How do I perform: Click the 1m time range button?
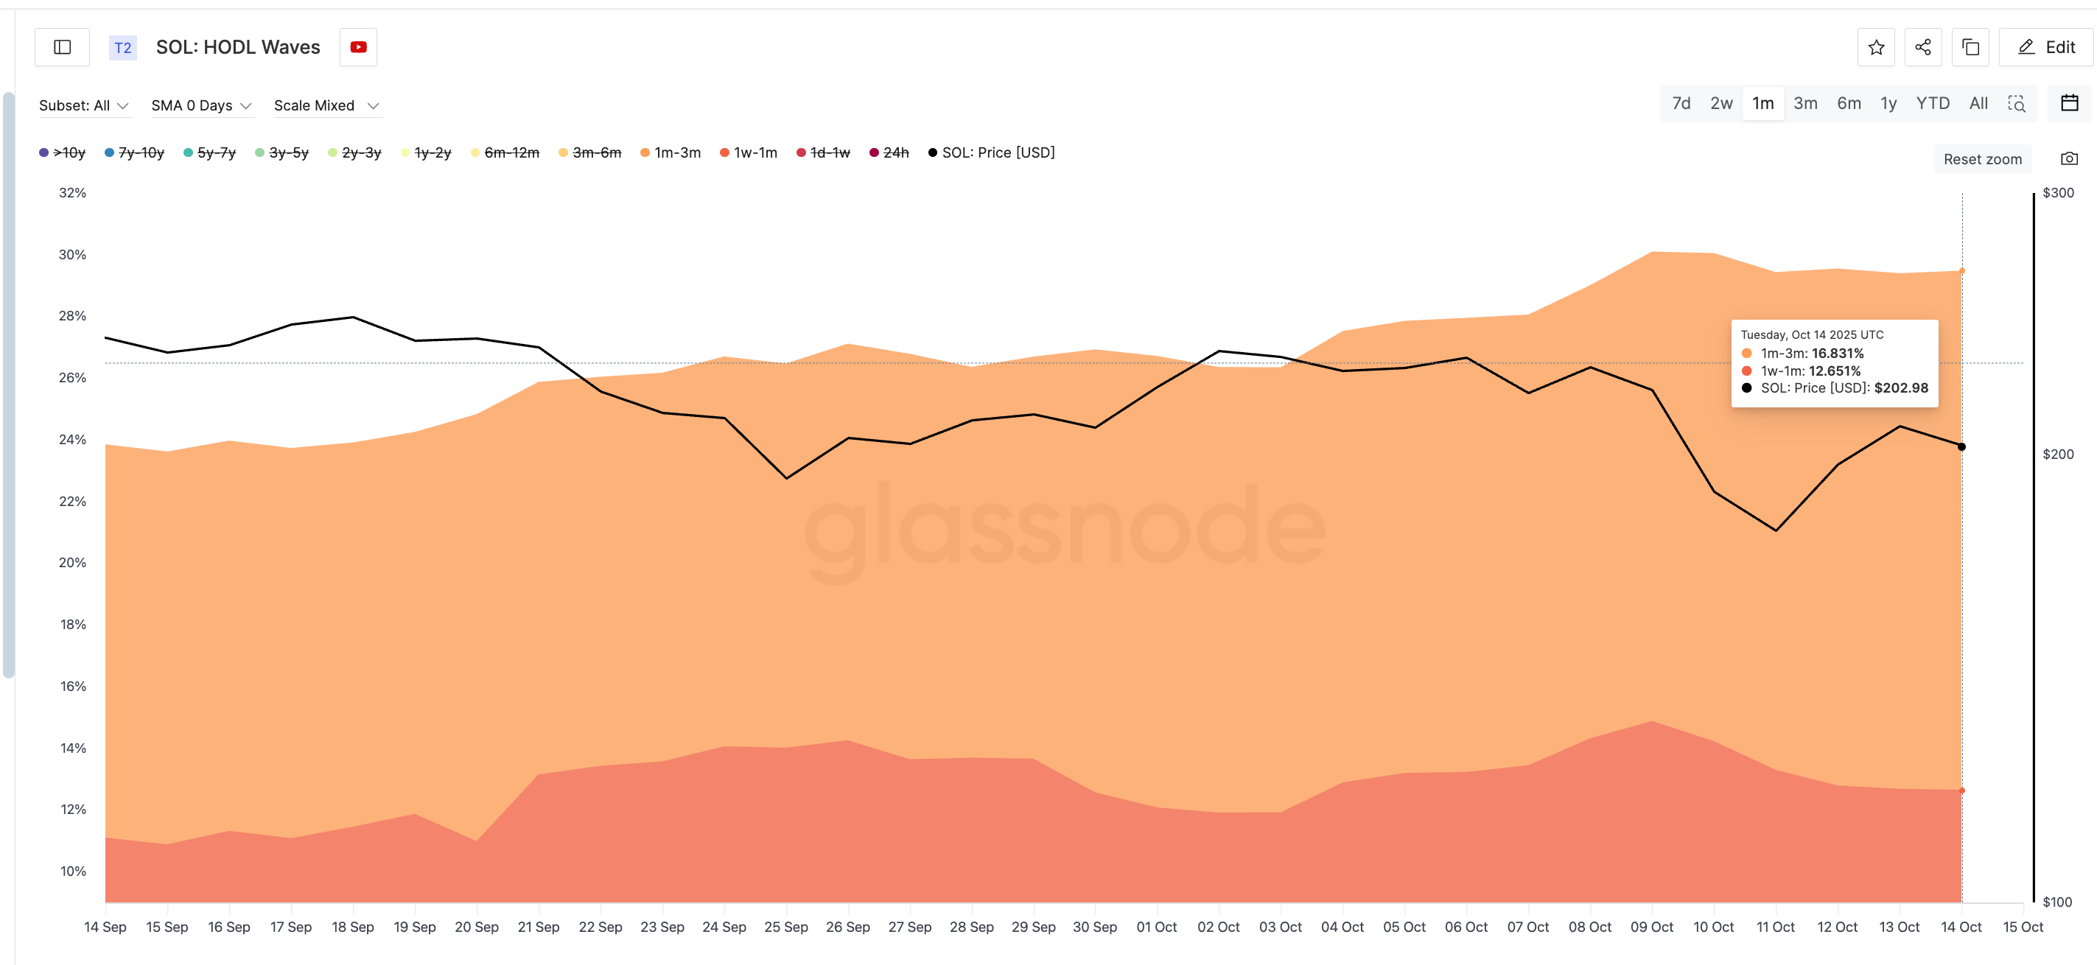pyautogui.click(x=1762, y=103)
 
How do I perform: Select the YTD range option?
pyautogui.click(x=1932, y=103)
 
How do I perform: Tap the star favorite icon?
pyautogui.click(x=1875, y=47)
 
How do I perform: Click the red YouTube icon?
pyautogui.click(x=358, y=47)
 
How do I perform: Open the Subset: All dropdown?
pyautogui.click(x=83, y=106)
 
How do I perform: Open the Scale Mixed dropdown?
pyautogui.click(x=326, y=106)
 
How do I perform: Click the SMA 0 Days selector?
pyautogui.click(x=200, y=106)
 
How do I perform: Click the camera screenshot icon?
pyautogui.click(x=2068, y=158)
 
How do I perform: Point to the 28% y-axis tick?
pyautogui.click(x=72, y=316)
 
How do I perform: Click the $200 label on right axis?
pyautogui.click(x=2057, y=454)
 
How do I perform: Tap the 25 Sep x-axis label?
pyautogui.click(x=785, y=927)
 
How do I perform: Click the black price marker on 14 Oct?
pyautogui.click(x=1961, y=446)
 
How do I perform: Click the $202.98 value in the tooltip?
pyautogui.click(x=1901, y=388)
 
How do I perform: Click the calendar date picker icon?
pyautogui.click(x=2069, y=103)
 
